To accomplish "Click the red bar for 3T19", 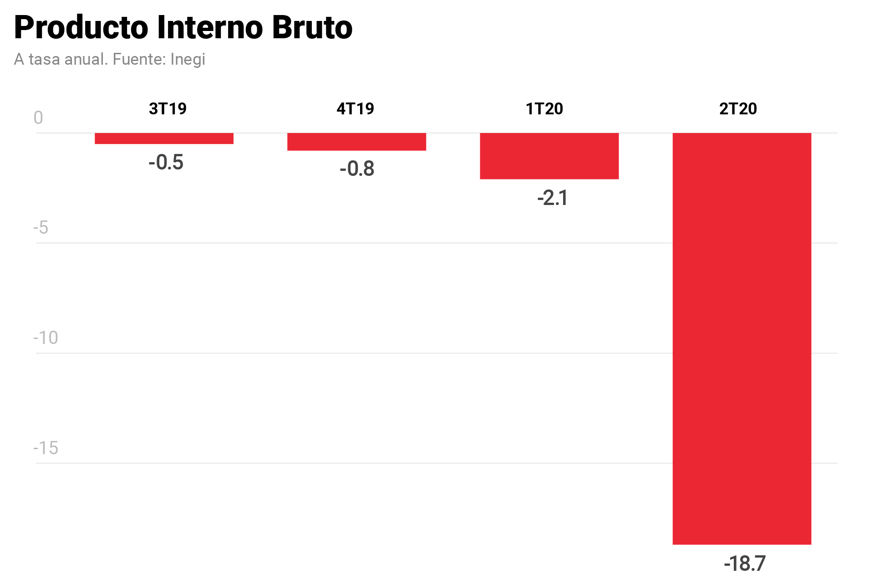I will (x=164, y=138).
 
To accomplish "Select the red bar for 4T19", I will (x=356, y=142).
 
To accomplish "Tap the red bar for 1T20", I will (x=549, y=156).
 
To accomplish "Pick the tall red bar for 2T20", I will (x=742, y=338).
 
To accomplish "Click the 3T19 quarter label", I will (x=168, y=109).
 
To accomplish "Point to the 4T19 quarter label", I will (x=355, y=109).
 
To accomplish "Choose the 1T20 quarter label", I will (x=544, y=109).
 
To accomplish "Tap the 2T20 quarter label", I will (x=737, y=109).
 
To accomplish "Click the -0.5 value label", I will (x=166, y=163).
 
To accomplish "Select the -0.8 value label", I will (x=357, y=169).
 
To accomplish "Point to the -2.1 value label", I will (x=552, y=198).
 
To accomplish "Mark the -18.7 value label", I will (x=745, y=564).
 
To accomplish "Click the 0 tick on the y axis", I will (x=38, y=118).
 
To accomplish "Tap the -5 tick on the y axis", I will (x=41, y=228).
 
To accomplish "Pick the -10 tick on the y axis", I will (x=46, y=338).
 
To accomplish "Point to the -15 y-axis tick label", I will (x=46, y=448).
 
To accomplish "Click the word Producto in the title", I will (x=81, y=28).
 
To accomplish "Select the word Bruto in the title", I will (x=312, y=28).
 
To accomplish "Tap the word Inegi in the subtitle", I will (x=188, y=60).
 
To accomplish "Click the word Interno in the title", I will (x=210, y=28).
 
